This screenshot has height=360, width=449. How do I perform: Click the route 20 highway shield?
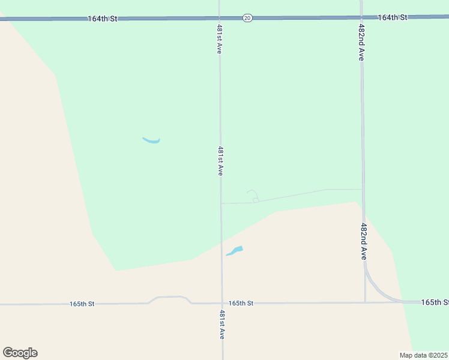pos(247,18)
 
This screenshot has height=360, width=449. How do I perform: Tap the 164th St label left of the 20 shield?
pos(102,19)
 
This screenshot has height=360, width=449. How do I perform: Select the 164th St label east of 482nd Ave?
pos(393,17)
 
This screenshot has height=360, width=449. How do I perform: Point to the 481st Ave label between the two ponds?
pos(220,161)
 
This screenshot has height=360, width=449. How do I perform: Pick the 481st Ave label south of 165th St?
pos(221,325)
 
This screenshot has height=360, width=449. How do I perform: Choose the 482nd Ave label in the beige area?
pos(364,241)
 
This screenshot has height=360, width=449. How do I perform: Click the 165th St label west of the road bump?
pos(82,304)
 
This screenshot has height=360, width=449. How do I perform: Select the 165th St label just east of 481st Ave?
pos(241,303)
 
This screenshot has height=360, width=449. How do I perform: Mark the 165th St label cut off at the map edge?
pos(435,302)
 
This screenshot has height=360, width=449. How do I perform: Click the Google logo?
pos(20,353)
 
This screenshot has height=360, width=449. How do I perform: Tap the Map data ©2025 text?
pos(423,355)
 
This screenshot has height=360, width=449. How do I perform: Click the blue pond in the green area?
pos(151,141)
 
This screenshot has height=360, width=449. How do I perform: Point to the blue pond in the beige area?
pos(235,251)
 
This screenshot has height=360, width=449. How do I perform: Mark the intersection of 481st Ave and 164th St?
pos(219,19)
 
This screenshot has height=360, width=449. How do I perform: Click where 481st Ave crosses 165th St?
pos(222,303)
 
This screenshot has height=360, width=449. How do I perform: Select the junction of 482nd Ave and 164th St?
pos(361,17)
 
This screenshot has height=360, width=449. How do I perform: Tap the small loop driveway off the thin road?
pos(253,196)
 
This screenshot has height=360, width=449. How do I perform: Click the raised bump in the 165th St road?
pos(170,298)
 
